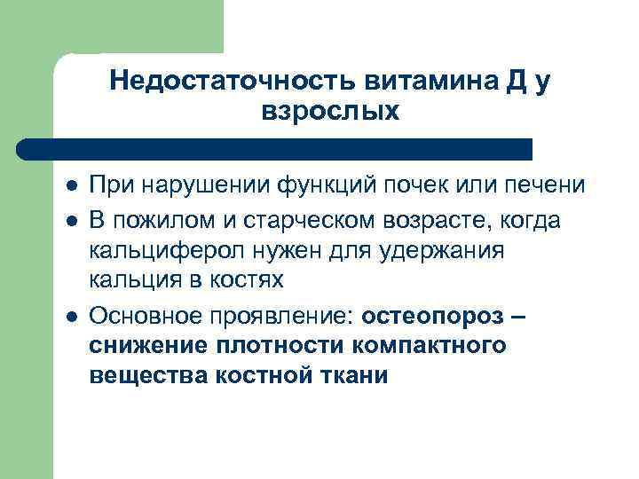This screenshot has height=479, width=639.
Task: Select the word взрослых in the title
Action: (331, 113)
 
